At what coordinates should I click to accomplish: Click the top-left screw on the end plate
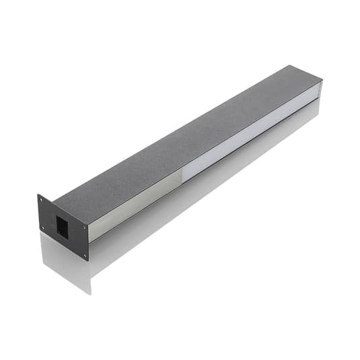pyautogui.click(x=41, y=200)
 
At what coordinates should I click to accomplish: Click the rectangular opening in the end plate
pyautogui.click(x=61, y=226)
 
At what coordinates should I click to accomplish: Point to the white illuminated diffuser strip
pyautogui.click(x=249, y=135)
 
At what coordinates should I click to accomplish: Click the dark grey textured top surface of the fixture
pyautogui.click(x=182, y=135)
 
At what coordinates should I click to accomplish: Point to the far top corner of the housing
pyautogui.click(x=291, y=66)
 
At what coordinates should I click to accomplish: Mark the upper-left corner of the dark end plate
pyautogui.click(x=38, y=195)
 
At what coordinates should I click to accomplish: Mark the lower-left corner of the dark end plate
pyautogui.click(x=40, y=233)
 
